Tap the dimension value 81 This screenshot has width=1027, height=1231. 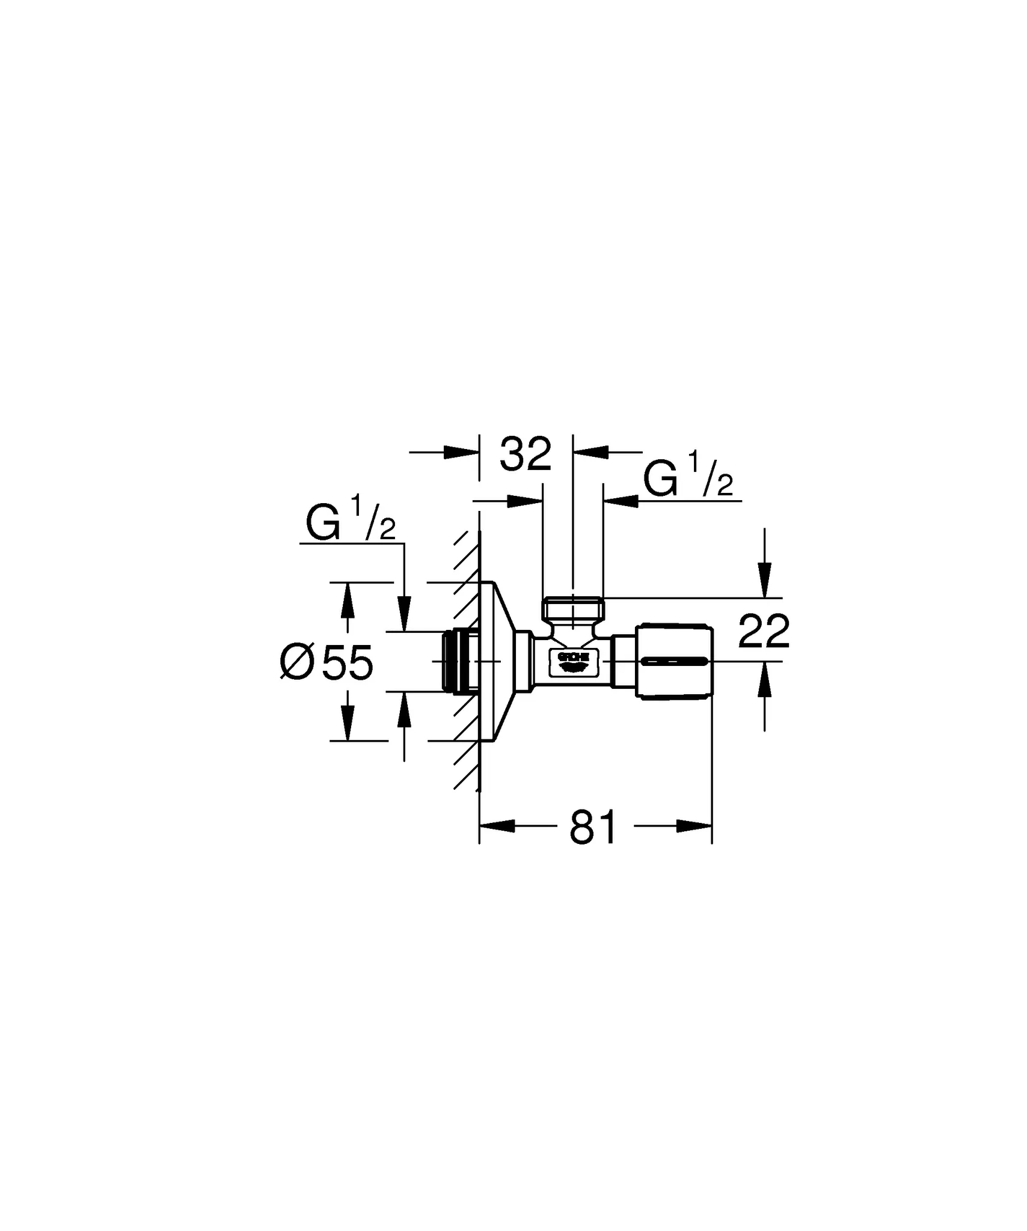(x=593, y=827)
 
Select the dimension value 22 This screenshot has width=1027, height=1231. (x=764, y=631)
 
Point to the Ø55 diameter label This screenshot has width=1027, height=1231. (x=328, y=662)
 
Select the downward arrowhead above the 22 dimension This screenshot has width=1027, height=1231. (x=764, y=579)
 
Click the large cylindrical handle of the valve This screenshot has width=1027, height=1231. (x=675, y=661)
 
